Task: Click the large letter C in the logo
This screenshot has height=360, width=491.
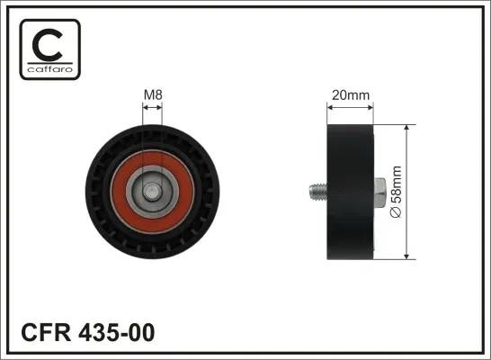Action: click(x=49, y=42)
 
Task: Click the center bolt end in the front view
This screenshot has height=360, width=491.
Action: click(x=153, y=190)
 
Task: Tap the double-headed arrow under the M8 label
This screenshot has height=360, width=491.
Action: click(x=153, y=108)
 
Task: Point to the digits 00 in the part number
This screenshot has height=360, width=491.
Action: click(x=141, y=332)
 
